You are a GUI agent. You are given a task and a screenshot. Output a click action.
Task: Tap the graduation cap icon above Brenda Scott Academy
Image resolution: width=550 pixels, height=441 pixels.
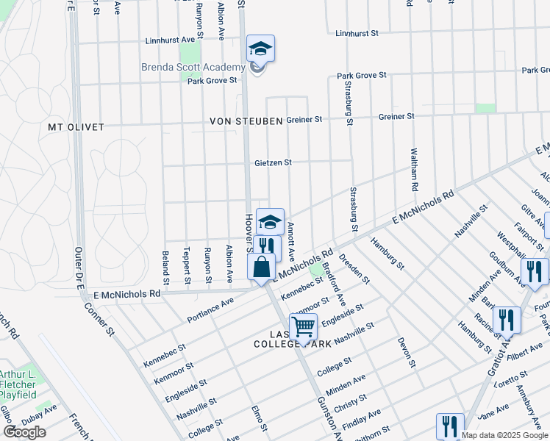(260, 49)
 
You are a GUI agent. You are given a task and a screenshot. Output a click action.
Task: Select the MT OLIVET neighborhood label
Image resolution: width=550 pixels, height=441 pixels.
(76, 127)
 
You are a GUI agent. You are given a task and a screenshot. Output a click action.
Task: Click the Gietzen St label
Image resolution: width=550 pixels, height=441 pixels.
(274, 162)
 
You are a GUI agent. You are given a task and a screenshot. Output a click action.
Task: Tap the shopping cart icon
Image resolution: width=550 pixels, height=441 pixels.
(303, 326)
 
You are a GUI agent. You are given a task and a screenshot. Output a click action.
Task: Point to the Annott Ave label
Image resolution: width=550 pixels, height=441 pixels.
(291, 243)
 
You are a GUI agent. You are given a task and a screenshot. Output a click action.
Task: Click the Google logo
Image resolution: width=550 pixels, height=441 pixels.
(24, 432)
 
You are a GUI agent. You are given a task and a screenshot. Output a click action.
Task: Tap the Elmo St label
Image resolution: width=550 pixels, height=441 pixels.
(256, 420)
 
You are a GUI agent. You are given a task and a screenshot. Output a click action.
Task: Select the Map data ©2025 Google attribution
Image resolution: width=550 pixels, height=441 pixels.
(505, 435)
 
